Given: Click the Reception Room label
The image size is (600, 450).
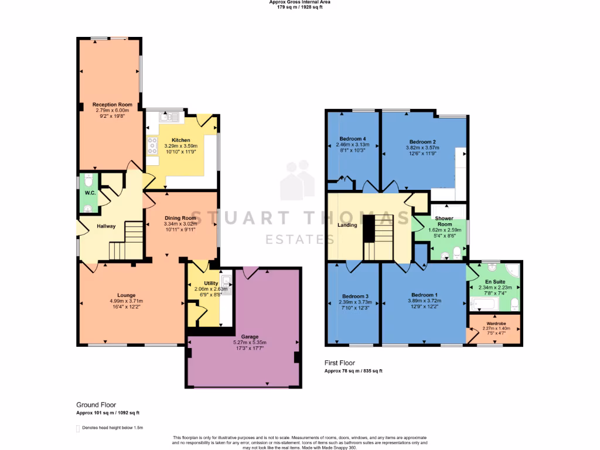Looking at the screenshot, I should tap(112, 105).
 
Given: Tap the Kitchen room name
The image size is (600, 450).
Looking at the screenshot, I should tap(181, 140).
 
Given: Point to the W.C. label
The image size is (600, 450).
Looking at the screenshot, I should tap(90, 192).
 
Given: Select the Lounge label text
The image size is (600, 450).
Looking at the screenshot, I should tap(126, 295).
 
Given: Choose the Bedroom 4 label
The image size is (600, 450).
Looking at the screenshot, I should tap(352, 139).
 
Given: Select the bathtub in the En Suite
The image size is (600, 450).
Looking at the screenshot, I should tap(485, 304).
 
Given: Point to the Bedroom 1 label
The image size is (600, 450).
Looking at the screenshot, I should tap(425, 294).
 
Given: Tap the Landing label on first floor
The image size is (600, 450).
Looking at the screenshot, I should tap(348, 224).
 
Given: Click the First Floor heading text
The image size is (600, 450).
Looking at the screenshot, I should tap(340, 363).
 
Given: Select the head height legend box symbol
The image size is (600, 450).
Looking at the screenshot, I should tap(78, 428).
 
